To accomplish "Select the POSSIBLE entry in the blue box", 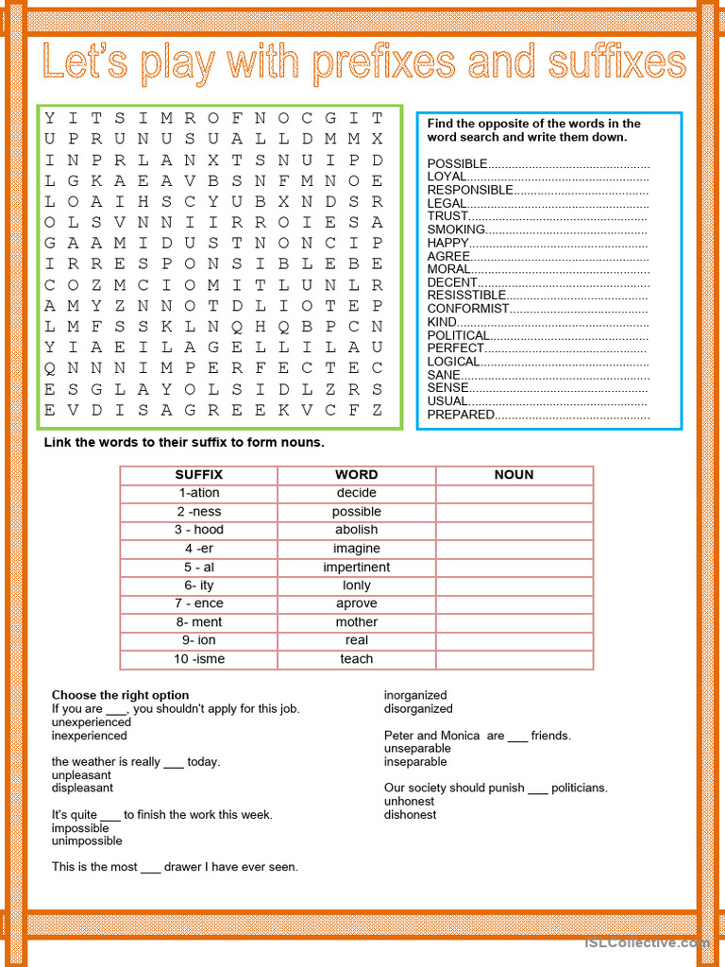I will (x=458, y=163).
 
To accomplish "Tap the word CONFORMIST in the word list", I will (x=468, y=308).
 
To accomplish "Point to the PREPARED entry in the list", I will (x=461, y=415).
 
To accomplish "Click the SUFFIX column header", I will (x=198, y=475).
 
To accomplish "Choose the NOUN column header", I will (x=514, y=475).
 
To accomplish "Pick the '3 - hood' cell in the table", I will (x=198, y=530).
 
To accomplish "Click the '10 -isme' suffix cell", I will (x=198, y=659).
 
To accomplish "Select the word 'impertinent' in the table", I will (x=356, y=567).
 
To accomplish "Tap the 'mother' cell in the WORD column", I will (x=356, y=622).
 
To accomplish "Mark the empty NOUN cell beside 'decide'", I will (x=514, y=493).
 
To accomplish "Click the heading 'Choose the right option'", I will (x=120, y=695).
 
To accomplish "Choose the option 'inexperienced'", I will (x=89, y=736).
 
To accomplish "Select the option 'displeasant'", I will (x=82, y=788).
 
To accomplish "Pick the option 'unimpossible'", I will (x=87, y=840).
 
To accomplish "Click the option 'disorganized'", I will (x=418, y=708).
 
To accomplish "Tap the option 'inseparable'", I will (x=415, y=761).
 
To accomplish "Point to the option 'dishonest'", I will (x=410, y=814).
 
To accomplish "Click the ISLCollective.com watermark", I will (x=647, y=942).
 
